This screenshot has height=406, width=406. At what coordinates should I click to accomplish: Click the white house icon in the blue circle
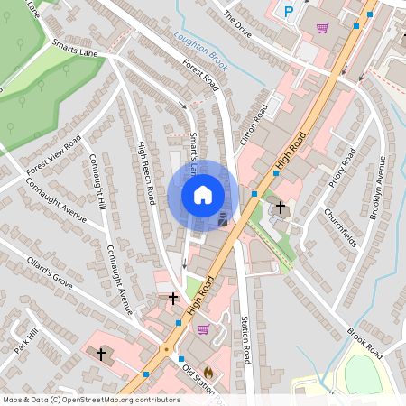pyautogui.click(x=203, y=195)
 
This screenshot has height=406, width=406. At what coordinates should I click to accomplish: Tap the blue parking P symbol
pyautogui.click(x=289, y=12)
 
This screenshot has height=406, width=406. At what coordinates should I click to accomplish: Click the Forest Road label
pyautogui.click(x=200, y=76)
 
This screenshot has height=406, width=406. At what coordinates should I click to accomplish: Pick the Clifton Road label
pyautogui.click(x=255, y=125)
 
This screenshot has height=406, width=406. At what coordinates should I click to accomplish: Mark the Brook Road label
pyautogui.click(x=365, y=343)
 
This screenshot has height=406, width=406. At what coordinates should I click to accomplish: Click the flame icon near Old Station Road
pyautogui.click(x=208, y=371)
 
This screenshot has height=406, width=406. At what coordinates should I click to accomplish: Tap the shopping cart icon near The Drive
pyautogui.click(x=322, y=28)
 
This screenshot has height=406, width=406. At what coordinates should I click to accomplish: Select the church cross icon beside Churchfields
pyautogui.click(x=280, y=208)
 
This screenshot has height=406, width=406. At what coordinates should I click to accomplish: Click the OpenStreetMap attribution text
pyautogui.click(x=91, y=400)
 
